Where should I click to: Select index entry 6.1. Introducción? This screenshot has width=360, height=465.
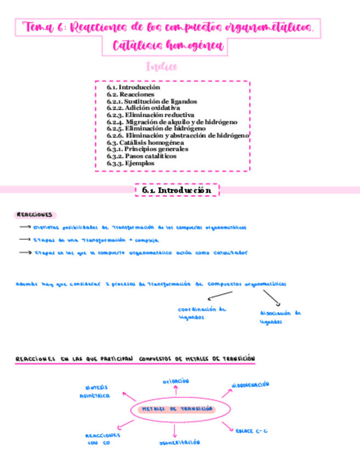click(x=133, y=87)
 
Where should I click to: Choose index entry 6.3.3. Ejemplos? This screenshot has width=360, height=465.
click(x=131, y=163)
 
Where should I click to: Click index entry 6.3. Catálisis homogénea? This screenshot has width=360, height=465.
click(x=145, y=142)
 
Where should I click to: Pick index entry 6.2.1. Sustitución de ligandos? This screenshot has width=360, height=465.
click(x=152, y=101)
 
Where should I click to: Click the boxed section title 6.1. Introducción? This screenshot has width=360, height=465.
click(x=177, y=190)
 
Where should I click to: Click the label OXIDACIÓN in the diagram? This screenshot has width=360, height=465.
click(x=176, y=381)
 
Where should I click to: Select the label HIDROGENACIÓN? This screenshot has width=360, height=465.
click(x=251, y=385)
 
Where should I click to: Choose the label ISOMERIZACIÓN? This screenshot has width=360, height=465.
click(x=179, y=442)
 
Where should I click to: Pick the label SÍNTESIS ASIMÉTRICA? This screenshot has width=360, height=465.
click(x=94, y=391)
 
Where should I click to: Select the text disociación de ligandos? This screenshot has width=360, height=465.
click(x=280, y=317)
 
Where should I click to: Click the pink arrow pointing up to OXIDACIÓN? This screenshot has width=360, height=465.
click(x=176, y=391)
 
